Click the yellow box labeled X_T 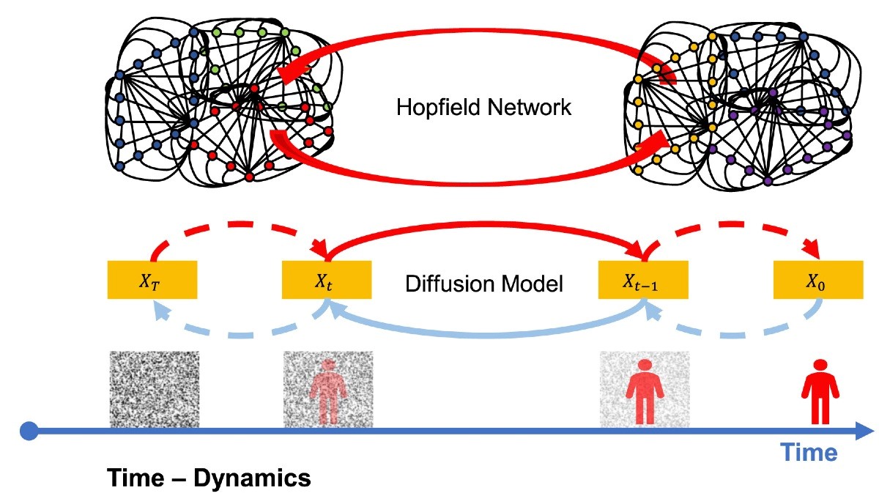tap(152, 280)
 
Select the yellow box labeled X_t tap(327, 280)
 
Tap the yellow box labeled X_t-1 tap(643, 280)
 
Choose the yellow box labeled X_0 tap(818, 280)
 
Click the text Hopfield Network tap(484, 107)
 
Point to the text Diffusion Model tap(484, 284)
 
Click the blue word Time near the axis tap(809, 453)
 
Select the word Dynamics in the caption tap(252, 478)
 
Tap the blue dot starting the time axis tap(29, 432)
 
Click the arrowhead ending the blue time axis tap(864, 432)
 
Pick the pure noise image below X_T tap(155, 389)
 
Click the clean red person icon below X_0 tap(820, 392)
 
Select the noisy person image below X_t tap(328, 389)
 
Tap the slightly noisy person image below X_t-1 tap(645, 389)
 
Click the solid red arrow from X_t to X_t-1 tap(485, 224)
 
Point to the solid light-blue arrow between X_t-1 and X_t tap(486, 335)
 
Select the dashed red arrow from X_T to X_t tap(240, 224)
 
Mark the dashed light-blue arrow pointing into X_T tap(240, 335)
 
